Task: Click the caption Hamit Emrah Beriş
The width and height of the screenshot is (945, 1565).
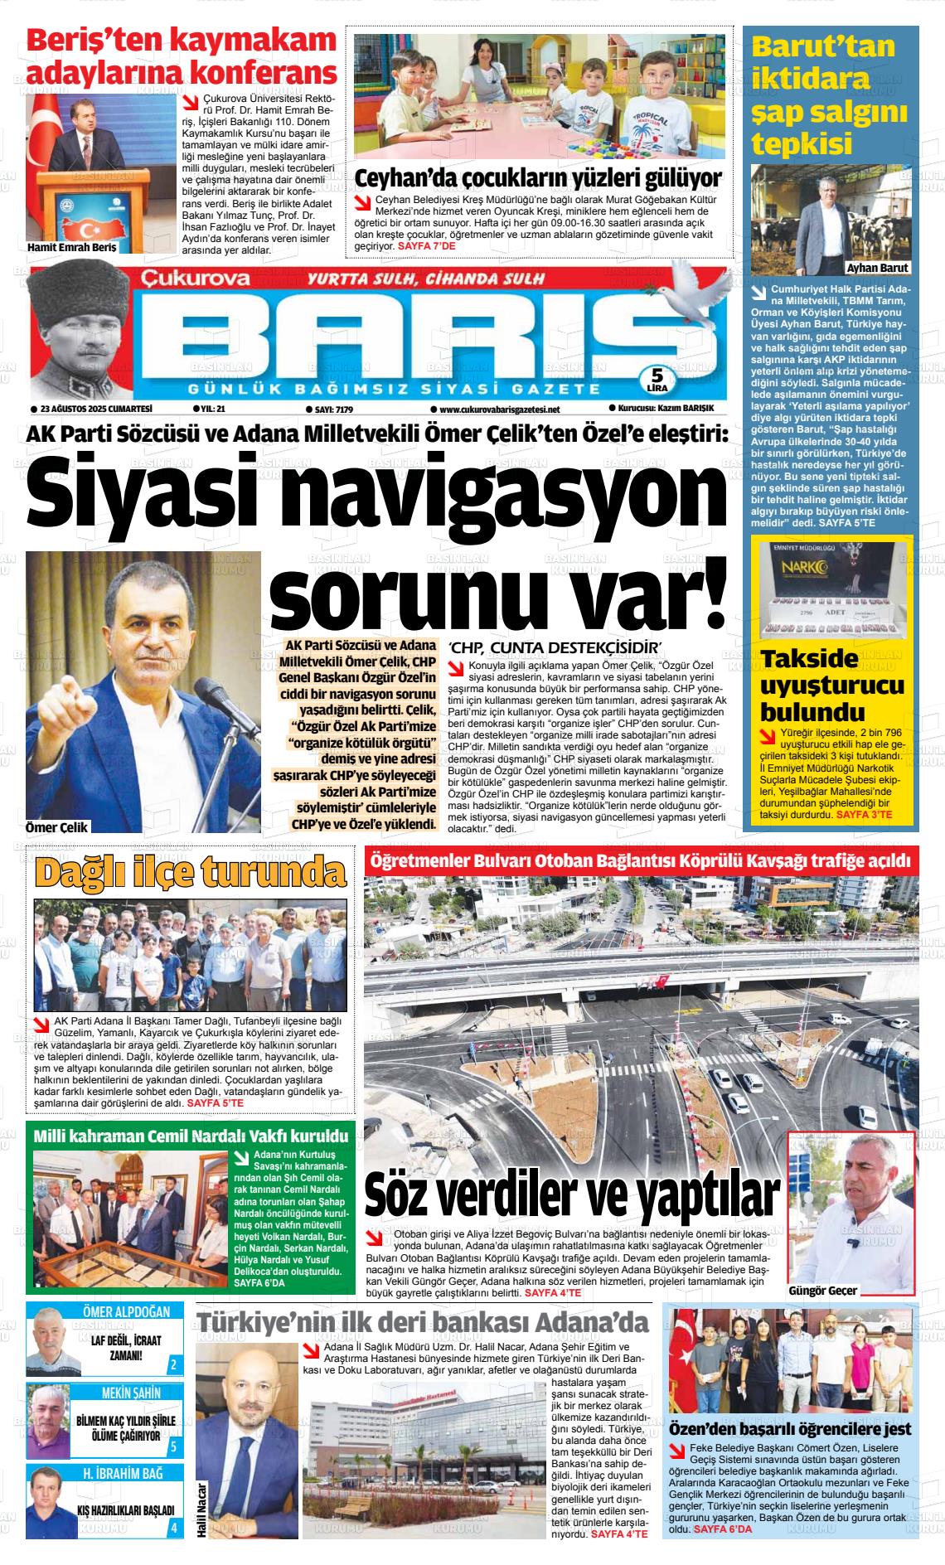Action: coord(72,247)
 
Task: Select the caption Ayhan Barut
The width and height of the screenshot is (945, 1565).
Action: coord(877,268)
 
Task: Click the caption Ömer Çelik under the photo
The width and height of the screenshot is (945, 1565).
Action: coord(57,826)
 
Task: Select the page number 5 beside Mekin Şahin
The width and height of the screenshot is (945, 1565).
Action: coord(172,1447)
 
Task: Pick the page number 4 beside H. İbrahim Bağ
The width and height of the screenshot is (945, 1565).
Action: coord(172,1528)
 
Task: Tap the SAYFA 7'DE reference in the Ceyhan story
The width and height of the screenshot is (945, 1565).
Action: coord(426,246)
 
